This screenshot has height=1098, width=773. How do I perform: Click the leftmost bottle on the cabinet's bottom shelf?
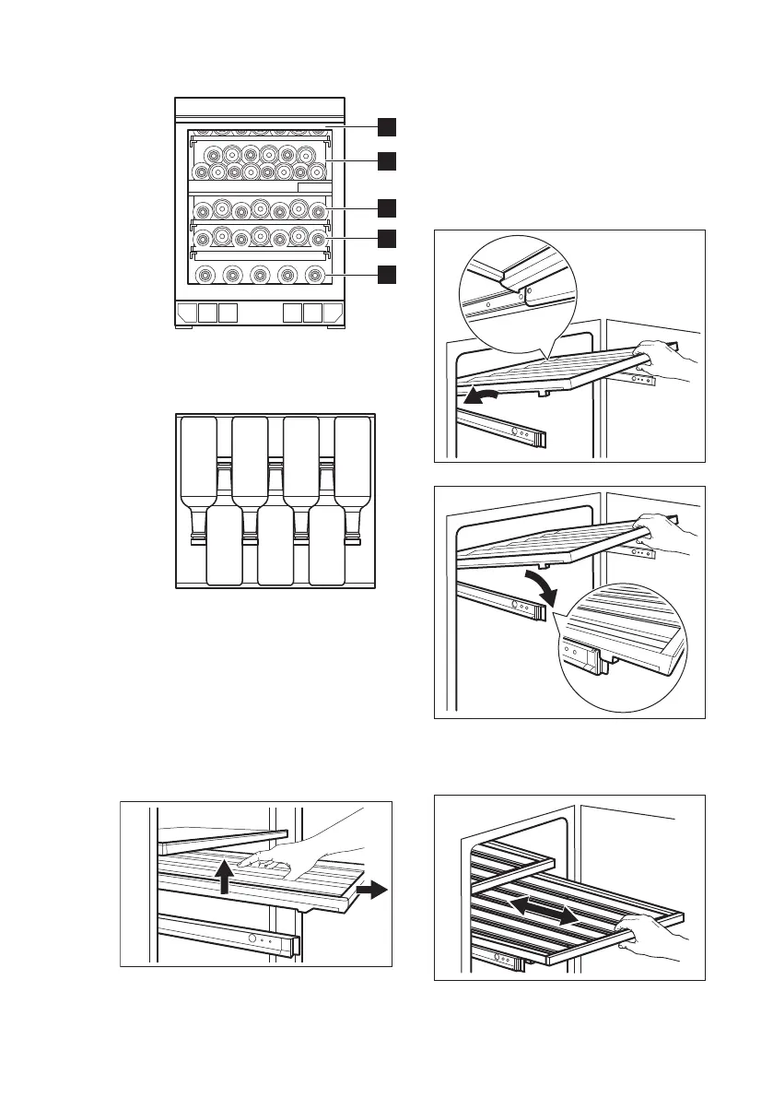click(205, 274)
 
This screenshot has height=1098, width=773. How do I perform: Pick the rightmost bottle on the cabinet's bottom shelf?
click(315, 274)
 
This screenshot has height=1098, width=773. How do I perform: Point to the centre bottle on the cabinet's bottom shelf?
click(260, 274)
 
